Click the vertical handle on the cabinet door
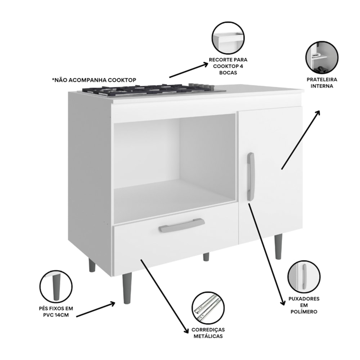pyautogui.click(x=251, y=176)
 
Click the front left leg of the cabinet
pyautogui.click(x=127, y=288)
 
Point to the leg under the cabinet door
pyautogui.click(x=278, y=246)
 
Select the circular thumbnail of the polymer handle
pyautogui.click(x=304, y=276)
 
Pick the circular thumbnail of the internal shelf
pyautogui.click(x=322, y=58)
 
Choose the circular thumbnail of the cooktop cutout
pyautogui.click(x=228, y=38)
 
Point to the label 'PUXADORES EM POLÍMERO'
pyautogui.click(x=304, y=305)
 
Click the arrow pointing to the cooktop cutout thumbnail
pyautogui.click(x=188, y=71)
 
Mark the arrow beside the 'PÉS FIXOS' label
pyautogui.click(x=95, y=310)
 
